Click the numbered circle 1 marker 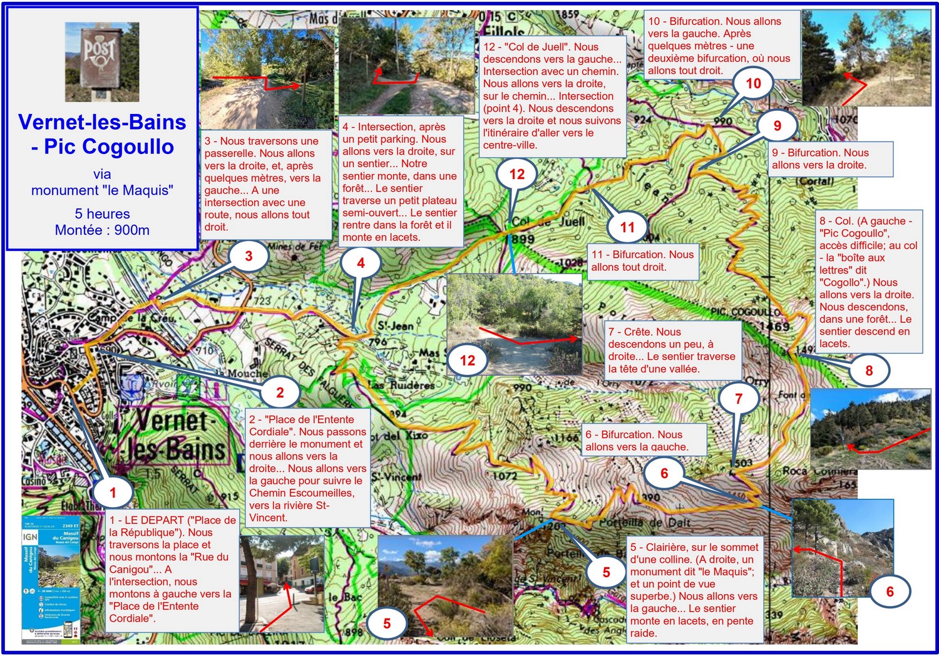(x=113, y=492)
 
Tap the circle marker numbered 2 (x=280, y=392)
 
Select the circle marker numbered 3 (x=249, y=256)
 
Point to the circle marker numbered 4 (x=361, y=263)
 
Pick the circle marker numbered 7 (x=739, y=399)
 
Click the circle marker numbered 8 (x=869, y=371)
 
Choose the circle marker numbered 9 (x=777, y=126)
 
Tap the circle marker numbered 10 (x=753, y=84)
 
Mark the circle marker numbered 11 (x=627, y=227)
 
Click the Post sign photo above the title (x=102, y=62)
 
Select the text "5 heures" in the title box (x=102, y=214)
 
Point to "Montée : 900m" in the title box (x=102, y=230)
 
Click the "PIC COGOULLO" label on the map (x=745, y=312)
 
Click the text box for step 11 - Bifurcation (x=642, y=261)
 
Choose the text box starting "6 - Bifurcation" (x=644, y=440)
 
